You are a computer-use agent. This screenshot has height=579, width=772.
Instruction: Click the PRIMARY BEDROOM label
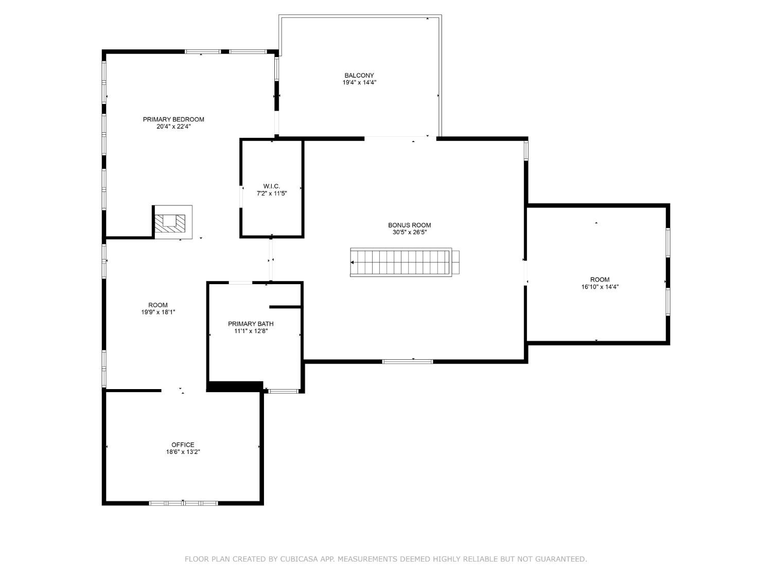(173, 119)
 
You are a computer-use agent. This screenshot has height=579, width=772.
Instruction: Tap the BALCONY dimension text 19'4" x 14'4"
(360, 82)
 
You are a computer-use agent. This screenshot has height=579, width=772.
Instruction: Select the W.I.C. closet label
(271, 186)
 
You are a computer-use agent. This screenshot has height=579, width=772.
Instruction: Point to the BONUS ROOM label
(409, 225)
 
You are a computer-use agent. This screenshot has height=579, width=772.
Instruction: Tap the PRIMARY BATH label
(251, 324)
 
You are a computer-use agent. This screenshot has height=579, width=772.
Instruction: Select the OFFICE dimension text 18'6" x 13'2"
(183, 452)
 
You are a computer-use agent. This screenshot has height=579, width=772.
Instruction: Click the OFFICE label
(183, 445)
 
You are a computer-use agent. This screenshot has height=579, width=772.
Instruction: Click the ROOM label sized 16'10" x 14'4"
(600, 279)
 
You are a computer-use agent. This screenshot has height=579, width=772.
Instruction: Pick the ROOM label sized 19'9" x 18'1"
(158, 305)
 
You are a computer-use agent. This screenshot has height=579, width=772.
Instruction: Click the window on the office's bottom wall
(183, 503)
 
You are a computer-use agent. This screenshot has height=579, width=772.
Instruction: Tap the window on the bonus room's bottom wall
(408, 361)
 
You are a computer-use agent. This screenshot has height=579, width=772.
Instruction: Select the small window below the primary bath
(284, 392)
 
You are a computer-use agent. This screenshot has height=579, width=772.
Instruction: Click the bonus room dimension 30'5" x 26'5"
(409, 232)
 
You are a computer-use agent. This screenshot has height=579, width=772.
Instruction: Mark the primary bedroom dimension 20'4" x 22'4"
(173, 127)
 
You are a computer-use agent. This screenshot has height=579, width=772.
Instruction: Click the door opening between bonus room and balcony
(396, 137)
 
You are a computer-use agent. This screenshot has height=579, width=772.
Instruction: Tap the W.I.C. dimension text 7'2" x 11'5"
(271, 194)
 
